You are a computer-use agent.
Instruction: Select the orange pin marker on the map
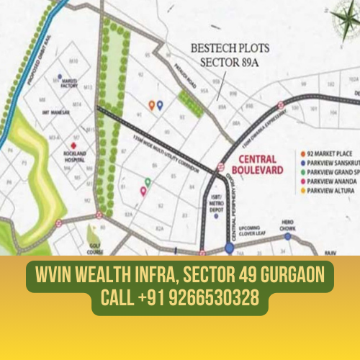[151, 105]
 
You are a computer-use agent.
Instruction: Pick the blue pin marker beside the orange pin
[160, 105]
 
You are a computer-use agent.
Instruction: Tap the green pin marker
[148, 182]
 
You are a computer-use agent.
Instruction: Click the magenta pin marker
[143, 191]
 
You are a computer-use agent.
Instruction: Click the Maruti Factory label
[69, 84]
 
